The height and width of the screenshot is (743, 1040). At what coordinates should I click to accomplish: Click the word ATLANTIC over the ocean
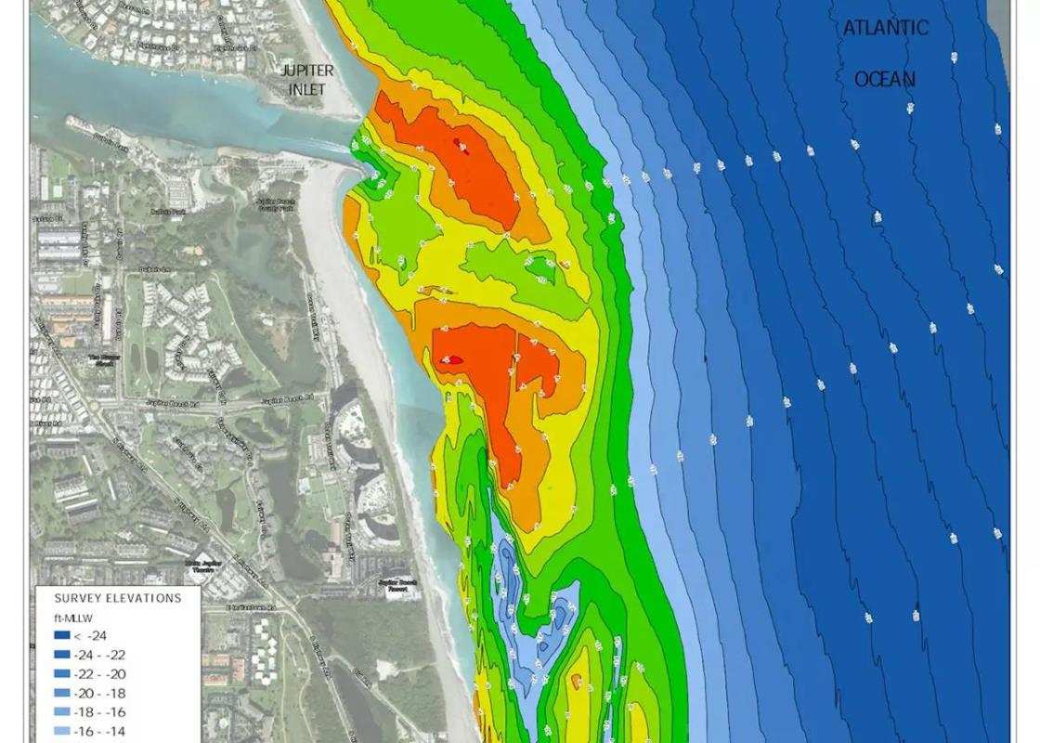click(x=885, y=28)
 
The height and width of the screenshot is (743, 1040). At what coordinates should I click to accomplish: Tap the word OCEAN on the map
click(x=884, y=79)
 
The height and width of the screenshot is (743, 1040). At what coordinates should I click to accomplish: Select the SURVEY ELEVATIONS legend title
click(x=118, y=598)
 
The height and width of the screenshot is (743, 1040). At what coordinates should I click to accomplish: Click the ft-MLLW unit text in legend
click(x=71, y=618)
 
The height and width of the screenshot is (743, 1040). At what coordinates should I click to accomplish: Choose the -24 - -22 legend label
click(x=104, y=655)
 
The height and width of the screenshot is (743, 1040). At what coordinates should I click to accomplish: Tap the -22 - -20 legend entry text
click(x=104, y=674)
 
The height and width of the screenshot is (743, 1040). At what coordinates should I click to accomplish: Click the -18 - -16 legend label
click(x=104, y=712)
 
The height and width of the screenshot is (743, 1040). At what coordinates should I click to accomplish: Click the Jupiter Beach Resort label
click(x=397, y=585)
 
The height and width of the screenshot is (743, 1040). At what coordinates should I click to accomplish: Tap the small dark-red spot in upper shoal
click(x=457, y=143)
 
